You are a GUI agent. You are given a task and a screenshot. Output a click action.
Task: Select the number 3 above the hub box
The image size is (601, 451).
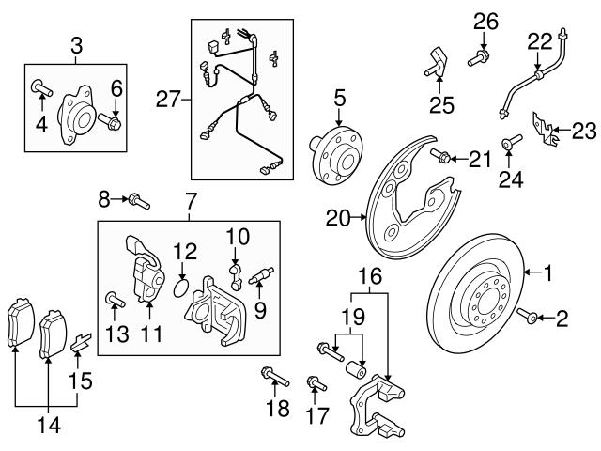pos(76,43)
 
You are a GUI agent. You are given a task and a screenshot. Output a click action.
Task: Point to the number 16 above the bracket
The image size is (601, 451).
pos(371,276)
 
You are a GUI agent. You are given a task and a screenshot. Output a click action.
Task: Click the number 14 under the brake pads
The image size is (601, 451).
pos(48,425)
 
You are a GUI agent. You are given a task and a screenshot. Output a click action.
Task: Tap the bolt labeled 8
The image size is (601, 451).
pos(137,199)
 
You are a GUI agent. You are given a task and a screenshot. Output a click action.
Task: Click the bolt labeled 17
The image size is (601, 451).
pos(315,383)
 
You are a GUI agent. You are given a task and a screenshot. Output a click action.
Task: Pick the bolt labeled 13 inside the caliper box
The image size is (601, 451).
pos(113,300)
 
